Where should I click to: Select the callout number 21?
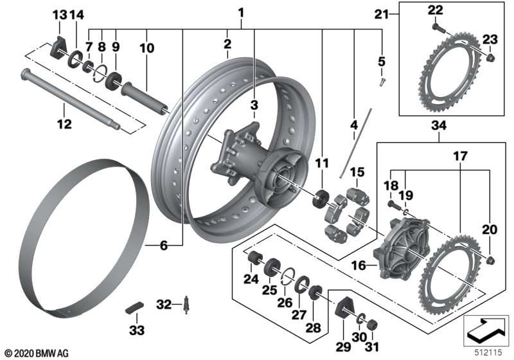[x=382, y=14]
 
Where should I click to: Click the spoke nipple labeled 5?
[x=382, y=82]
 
